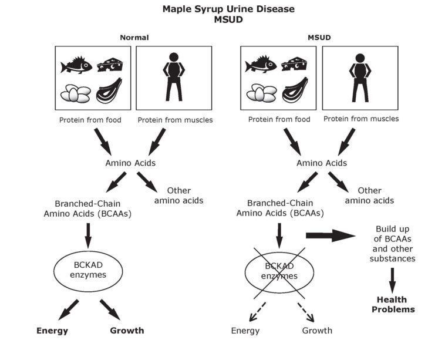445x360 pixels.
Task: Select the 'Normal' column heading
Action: (134, 38)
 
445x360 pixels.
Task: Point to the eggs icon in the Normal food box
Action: (75, 93)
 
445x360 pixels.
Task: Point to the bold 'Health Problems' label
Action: (393, 304)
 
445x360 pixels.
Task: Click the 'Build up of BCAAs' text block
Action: (394, 243)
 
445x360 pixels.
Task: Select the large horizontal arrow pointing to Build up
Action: (331, 235)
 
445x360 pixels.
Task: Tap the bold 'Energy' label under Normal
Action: (52, 330)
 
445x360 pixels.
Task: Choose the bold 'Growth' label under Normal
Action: (127, 330)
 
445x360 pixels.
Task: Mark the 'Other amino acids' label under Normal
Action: (178, 196)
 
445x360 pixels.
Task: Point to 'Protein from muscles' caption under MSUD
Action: (361, 119)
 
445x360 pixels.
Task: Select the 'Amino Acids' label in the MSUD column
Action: (321, 163)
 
